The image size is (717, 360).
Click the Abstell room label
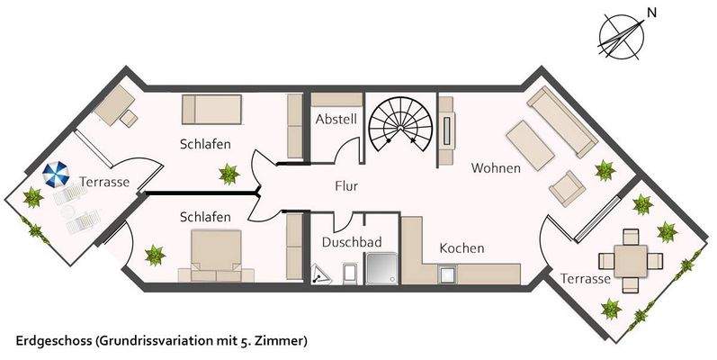pos(336,120)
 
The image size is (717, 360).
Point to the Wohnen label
pos(496,167)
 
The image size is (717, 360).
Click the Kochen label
pos(462,247)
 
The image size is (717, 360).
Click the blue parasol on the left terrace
pos(56,173)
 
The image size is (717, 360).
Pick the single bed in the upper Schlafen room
pos(212,110)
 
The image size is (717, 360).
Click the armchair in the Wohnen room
pos(567,186)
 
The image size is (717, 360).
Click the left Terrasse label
pos(103,182)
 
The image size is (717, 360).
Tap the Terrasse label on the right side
pos(585,279)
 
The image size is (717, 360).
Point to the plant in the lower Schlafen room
pos(155,256)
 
